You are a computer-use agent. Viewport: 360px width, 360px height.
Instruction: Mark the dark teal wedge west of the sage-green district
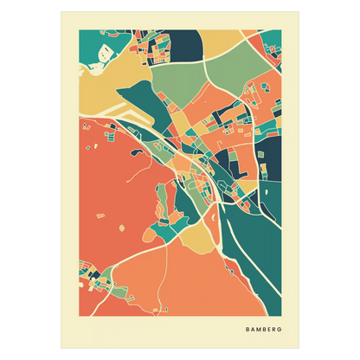(x=156, y=104)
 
